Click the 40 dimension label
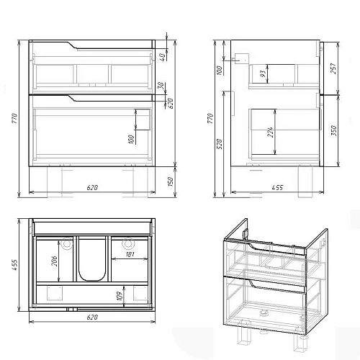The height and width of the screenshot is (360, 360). [x=162, y=57]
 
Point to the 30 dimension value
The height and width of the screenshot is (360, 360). [x=161, y=86]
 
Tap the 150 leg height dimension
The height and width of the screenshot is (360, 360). [x=170, y=181]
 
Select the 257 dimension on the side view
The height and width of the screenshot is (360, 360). [x=333, y=68]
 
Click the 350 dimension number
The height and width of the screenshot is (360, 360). [x=334, y=131]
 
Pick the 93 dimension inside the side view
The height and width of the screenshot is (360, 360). [x=264, y=73]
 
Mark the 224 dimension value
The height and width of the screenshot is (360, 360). [x=270, y=132]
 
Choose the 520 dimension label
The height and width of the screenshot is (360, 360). [x=220, y=143]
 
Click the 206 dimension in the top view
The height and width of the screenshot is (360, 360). [x=54, y=261]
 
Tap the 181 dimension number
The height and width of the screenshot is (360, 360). [x=130, y=254]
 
